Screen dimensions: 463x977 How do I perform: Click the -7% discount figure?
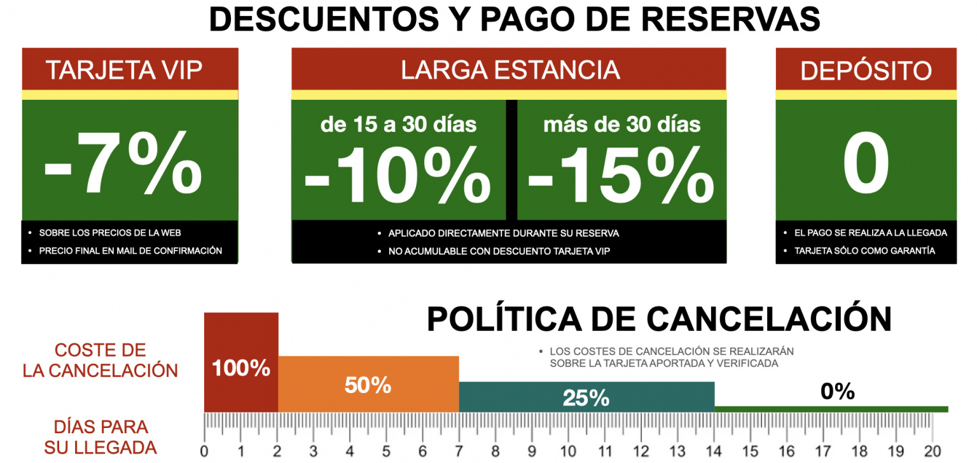tap(123, 164)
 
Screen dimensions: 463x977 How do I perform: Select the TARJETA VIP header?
tap(124, 71)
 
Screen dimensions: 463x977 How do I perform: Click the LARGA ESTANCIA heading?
tap(509, 71)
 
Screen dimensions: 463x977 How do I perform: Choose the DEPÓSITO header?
tap(866, 71)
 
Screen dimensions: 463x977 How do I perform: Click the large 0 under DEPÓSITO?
tap(866, 164)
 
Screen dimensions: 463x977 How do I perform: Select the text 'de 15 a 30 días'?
tap(399, 124)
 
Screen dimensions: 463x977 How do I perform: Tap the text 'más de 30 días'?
tap(621, 124)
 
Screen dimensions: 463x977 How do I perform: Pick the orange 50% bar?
tap(368, 385)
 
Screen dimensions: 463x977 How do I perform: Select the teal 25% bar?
tap(586, 397)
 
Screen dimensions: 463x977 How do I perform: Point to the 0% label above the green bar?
tap(837, 392)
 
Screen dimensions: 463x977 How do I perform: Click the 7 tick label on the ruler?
tap(459, 451)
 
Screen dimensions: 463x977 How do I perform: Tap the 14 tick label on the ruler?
tap(714, 451)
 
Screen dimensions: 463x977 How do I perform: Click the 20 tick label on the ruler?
tap(932, 451)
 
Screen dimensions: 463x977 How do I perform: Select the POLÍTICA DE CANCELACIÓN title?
tap(659, 319)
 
